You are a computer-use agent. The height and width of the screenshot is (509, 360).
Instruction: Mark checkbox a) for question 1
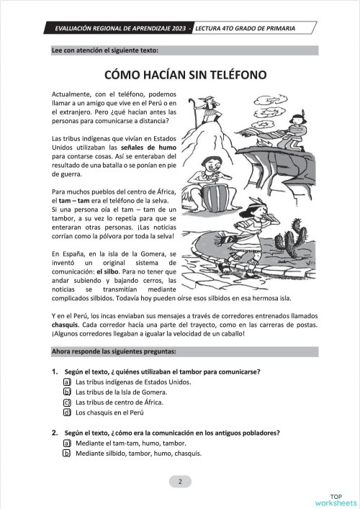click(x=66, y=382)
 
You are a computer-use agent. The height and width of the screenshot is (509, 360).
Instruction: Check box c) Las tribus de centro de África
click(x=66, y=402)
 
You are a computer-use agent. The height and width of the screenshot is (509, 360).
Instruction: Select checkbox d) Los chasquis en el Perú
click(x=66, y=413)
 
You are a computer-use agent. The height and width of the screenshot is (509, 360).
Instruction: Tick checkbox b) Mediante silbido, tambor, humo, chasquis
click(x=66, y=454)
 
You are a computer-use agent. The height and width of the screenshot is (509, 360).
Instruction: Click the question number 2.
click(x=55, y=433)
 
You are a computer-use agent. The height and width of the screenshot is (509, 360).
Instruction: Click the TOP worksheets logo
click(x=336, y=499)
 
